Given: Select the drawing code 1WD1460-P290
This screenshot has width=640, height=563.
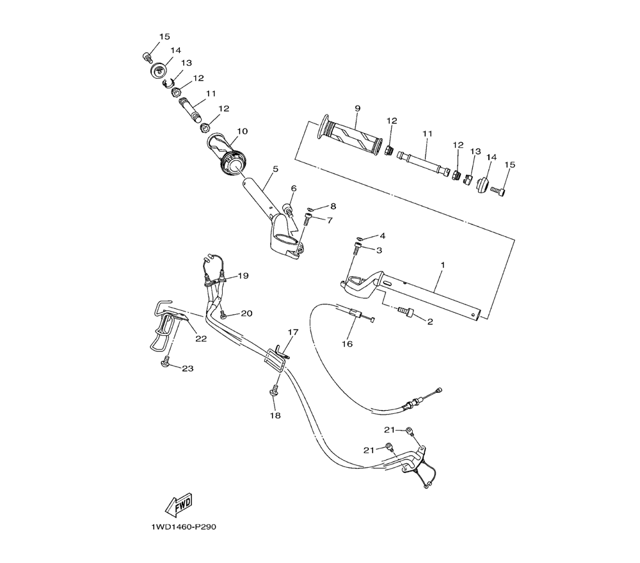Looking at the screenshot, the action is tap(184, 527).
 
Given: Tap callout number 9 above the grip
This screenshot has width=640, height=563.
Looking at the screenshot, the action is tap(358, 109).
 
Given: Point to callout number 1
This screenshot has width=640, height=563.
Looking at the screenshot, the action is tap(443, 265).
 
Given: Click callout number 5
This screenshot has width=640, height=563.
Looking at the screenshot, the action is tap(275, 169).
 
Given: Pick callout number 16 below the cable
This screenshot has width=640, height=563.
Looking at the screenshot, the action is tap(347, 344).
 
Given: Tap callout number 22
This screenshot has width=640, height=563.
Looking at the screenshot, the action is tap(201, 338).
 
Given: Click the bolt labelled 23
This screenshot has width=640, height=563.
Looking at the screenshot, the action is tap(166, 361).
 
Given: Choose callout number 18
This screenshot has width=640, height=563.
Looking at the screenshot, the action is tap(275, 415).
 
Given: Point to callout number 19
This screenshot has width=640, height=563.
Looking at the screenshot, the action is tap(243, 276).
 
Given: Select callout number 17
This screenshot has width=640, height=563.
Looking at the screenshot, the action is tap(293, 332).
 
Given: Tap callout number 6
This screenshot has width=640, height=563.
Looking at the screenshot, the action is tap(294, 189).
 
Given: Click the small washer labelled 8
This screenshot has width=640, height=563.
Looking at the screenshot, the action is tap(310, 209).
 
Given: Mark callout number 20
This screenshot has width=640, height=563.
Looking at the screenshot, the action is tap(246, 313).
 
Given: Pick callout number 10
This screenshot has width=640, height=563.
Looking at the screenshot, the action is tap(243, 131).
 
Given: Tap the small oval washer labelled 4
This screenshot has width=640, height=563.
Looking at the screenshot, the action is tap(360, 238).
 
